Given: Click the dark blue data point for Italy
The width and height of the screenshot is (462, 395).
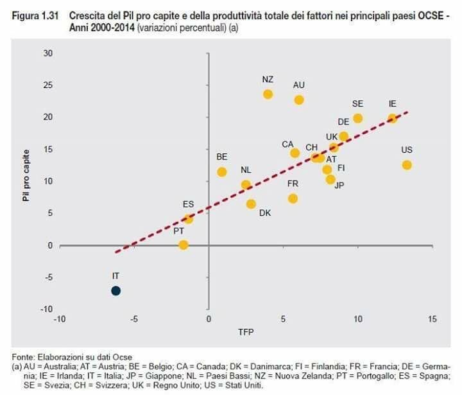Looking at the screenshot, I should [x=116, y=290].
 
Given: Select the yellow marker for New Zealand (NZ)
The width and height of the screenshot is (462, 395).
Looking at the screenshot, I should [x=268, y=94].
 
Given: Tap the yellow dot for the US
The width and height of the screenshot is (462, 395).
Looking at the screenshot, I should [x=406, y=165].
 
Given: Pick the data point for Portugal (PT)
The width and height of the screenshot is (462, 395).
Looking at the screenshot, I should [x=184, y=245].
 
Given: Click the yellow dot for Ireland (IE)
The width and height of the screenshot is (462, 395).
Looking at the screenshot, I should [x=392, y=118].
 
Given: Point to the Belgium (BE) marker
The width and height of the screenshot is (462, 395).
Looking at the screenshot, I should [x=222, y=171].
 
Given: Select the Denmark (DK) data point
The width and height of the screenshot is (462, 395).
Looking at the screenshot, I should [x=251, y=204].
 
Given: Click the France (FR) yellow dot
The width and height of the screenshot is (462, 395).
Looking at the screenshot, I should [x=293, y=198].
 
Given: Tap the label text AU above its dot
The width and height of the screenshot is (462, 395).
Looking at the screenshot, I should [x=298, y=85].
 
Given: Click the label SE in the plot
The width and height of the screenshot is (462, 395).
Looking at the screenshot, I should [x=357, y=103].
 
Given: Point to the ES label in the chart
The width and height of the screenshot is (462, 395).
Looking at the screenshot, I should [x=188, y=204].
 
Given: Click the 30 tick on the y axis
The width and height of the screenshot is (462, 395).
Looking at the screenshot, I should [x=47, y=53].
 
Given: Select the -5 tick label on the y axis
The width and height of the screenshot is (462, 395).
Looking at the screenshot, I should [x=47, y=277].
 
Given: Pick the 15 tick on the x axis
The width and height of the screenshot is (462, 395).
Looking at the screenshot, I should [x=432, y=319].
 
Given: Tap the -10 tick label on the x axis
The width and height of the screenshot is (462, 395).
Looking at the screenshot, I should [x=60, y=319].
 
